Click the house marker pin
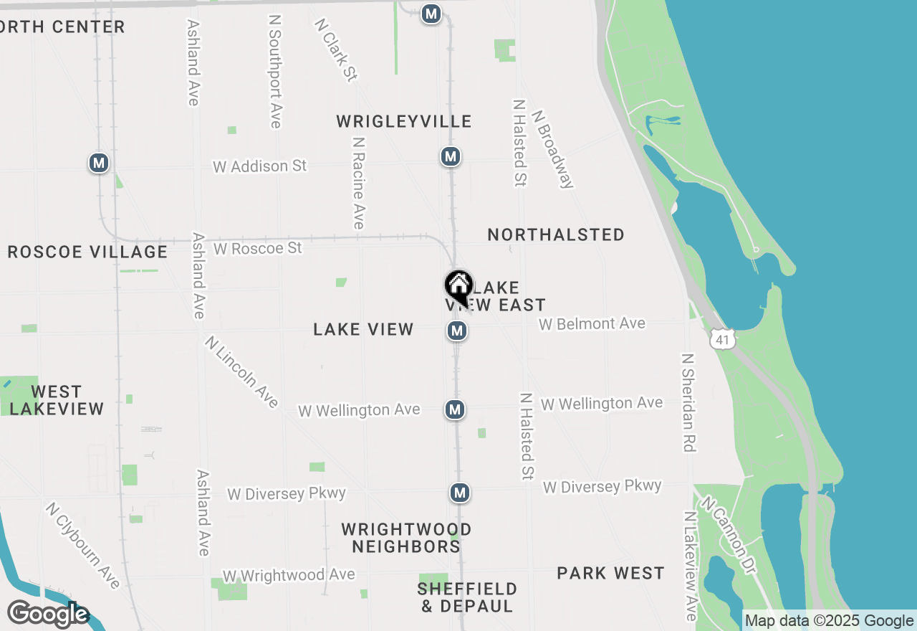point(458,288)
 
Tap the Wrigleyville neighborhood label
point(404,121)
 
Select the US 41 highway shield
point(722,340)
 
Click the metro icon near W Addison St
point(450,156)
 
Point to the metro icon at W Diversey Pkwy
point(460,493)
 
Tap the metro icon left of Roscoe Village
point(99,163)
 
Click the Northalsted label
point(556,234)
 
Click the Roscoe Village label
point(87,252)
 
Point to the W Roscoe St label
point(258,248)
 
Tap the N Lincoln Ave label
point(241,371)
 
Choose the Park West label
point(611,573)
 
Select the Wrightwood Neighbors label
point(406,538)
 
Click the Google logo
point(47,614)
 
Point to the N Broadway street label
point(553,149)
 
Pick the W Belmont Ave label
point(592,324)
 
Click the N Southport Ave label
point(274,71)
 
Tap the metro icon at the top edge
point(431,14)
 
